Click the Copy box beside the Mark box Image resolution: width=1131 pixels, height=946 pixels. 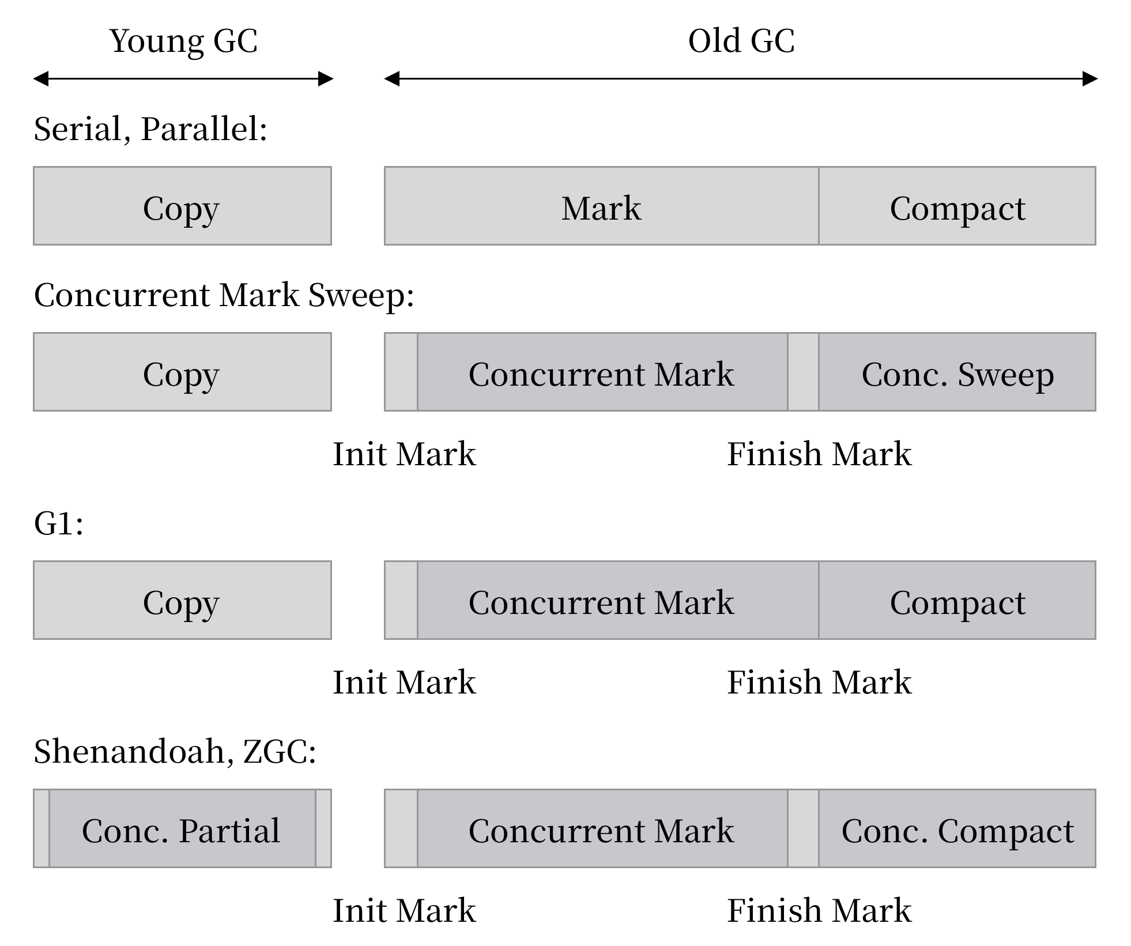click(x=182, y=206)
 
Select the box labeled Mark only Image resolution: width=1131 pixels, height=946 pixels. click(x=601, y=206)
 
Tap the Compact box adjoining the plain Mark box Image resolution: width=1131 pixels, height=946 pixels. click(x=957, y=206)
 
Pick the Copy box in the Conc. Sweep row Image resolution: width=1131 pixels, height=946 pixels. click(x=182, y=372)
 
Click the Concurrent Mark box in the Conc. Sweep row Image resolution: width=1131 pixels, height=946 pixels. click(x=602, y=372)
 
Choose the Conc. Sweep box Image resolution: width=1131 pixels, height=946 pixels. click(x=957, y=372)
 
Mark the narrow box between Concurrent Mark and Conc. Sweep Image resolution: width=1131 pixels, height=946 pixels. click(x=803, y=372)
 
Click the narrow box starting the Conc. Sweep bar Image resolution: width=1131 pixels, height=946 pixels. click(x=401, y=372)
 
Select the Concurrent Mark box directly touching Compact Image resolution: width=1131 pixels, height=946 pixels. click(x=617, y=600)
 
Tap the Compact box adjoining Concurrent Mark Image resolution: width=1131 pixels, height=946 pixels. click(x=957, y=600)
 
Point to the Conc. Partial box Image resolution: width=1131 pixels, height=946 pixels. click(x=182, y=828)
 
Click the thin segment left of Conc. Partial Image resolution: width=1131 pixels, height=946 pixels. click(x=42, y=828)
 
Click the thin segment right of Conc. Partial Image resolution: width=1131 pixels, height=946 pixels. click(x=323, y=828)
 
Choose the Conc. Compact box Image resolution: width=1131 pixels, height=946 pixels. click(x=957, y=828)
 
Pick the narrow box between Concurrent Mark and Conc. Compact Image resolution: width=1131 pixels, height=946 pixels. click(x=803, y=828)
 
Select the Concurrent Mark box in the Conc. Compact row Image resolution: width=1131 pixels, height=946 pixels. click(x=602, y=828)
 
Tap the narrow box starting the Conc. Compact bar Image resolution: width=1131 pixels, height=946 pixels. click(x=401, y=828)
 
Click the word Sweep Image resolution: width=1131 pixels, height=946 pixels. click(x=1005, y=375)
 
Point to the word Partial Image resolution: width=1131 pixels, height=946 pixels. click(x=229, y=831)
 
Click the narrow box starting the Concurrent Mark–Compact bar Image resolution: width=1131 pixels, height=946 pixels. click(x=401, y=600)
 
